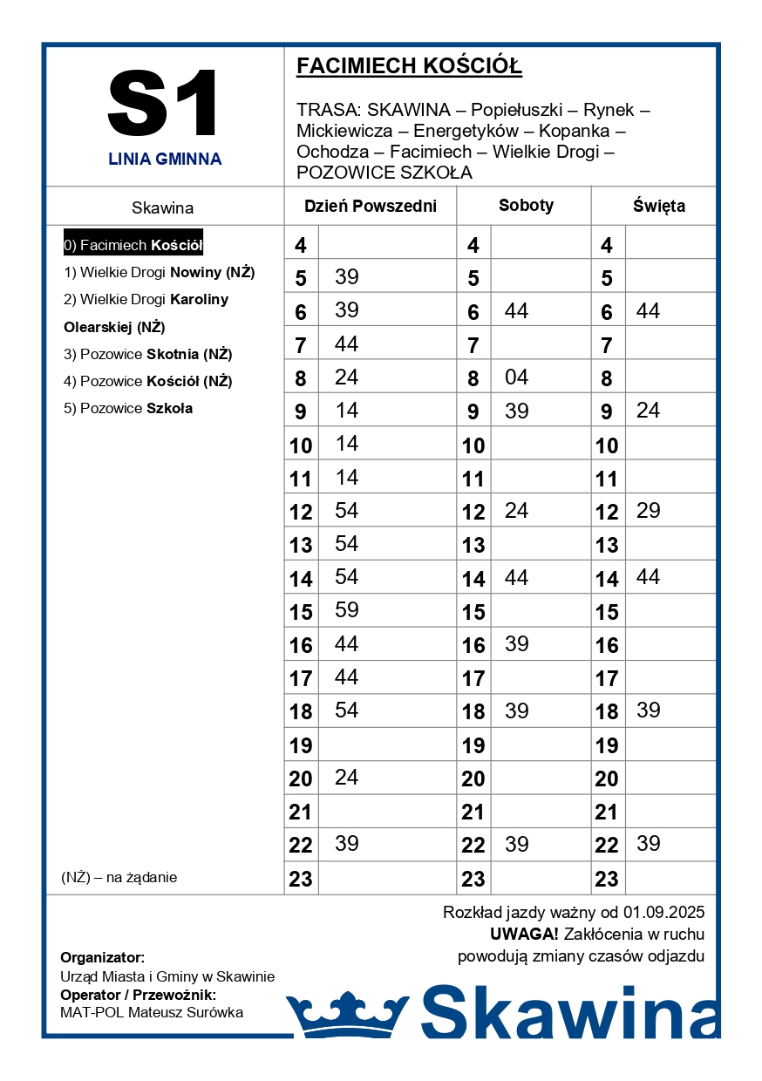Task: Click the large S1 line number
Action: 164,104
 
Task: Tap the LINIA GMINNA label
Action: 165,160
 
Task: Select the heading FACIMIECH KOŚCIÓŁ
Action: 409,66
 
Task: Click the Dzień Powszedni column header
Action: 370,207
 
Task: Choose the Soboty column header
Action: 526,206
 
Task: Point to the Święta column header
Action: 658,207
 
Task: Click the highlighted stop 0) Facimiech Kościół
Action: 133,246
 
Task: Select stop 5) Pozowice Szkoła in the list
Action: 128,408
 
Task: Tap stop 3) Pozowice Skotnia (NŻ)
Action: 147,354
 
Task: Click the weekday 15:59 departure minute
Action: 346,609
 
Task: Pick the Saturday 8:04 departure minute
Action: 516,377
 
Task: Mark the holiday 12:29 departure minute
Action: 648,510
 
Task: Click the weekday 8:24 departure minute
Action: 346,377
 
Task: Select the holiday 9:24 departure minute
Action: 648,410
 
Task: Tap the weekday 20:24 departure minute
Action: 346,777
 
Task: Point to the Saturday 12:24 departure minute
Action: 516,510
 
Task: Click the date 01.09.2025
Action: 663,913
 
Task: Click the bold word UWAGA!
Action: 524,935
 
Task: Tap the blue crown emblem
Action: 347,1013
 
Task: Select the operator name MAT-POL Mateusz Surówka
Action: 152,1013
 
